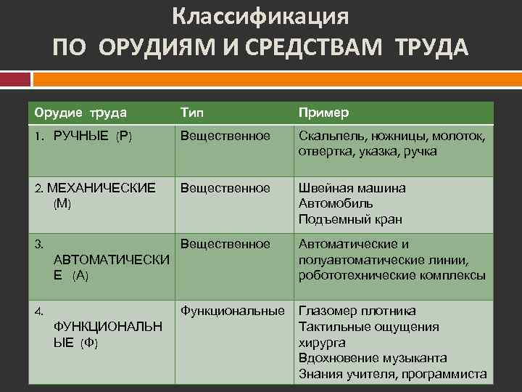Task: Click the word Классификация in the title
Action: click(261, 16)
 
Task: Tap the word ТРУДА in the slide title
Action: click(432, 47)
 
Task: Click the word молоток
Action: click(459, 136)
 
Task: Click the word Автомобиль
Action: click(336, 203)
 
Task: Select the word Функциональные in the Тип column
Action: click(233, 311)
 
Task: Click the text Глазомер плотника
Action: click(357, 311)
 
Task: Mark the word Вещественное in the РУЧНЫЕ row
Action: click(225, 136)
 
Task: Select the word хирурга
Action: click(322, 343)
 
